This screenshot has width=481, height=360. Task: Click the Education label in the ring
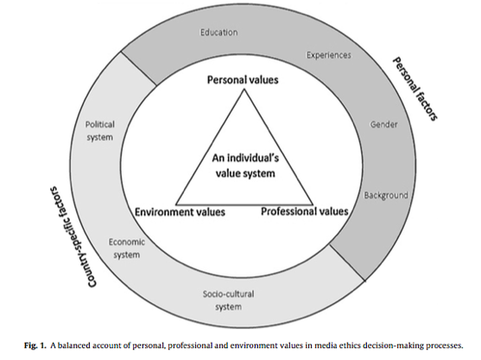219,32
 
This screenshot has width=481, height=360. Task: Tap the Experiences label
329,55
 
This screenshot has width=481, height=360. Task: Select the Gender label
383,124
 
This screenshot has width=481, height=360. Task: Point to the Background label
386,195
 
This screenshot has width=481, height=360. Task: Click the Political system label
99,131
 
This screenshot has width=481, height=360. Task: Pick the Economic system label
127,249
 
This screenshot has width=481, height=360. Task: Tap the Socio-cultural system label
228,300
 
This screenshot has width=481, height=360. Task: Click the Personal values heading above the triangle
243,79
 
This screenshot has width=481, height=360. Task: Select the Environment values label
180,212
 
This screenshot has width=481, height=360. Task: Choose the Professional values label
305,212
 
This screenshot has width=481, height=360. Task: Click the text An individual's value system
245,166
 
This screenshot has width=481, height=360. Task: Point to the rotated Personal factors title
415,89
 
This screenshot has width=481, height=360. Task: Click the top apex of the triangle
244,89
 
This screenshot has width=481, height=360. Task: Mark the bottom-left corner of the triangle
176,205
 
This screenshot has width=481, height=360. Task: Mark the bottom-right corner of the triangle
313,205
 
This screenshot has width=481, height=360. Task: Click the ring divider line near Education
139,68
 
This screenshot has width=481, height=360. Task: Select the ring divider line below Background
347,262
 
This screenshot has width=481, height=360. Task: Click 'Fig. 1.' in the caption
35,346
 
